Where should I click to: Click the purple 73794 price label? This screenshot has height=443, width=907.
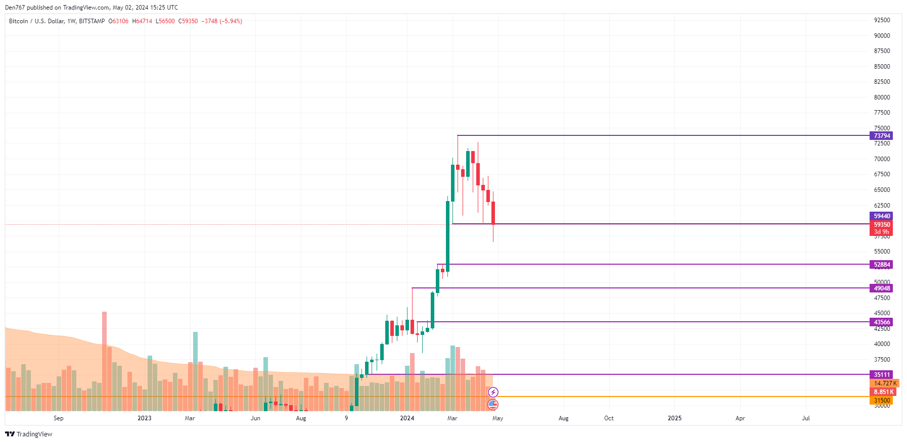882,136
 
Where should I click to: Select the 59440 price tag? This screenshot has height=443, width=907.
882,216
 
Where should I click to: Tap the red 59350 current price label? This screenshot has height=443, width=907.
882,225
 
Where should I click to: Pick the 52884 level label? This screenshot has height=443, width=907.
882,265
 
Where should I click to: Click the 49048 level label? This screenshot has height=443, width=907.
882,288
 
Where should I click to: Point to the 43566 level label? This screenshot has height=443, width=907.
882,322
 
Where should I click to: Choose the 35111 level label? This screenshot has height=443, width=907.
882,375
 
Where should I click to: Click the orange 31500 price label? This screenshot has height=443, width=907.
882,401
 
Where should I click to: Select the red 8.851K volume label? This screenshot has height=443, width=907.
884,392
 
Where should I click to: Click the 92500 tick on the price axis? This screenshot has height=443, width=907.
882,20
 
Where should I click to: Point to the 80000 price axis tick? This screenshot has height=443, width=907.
882,97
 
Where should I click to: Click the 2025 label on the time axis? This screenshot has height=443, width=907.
674,418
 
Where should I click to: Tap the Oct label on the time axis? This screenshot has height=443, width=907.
609,418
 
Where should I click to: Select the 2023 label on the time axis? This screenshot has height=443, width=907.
145,418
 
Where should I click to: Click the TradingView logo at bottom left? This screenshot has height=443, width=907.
29,434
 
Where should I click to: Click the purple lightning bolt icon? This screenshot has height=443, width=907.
493,392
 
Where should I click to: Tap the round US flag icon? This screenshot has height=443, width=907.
493,404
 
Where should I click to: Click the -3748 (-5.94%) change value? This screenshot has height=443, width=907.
222,21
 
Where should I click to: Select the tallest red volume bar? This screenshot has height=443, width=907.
104,354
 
